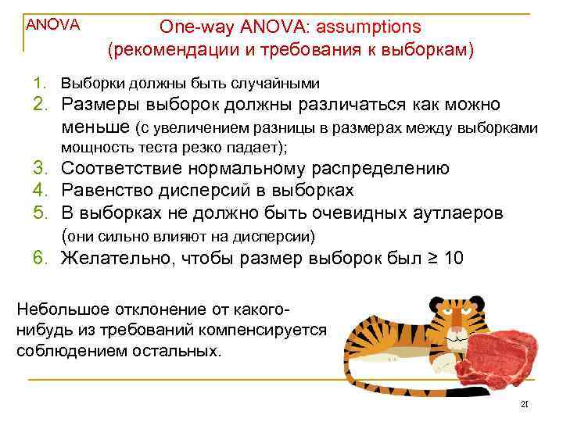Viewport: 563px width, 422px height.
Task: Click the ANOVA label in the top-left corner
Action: pyautogui.click(x=53, y=24)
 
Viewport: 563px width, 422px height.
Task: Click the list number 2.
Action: pyautogui.click(x=40, y=105)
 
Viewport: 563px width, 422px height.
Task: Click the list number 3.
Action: pyautogui.click(x=40, y=170)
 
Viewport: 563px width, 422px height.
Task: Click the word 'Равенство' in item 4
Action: pyautogui.click(x=108, y=191)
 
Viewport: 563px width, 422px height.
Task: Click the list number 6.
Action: pyautogui.click(x=40, y=259)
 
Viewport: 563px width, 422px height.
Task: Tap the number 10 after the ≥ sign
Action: pyautogui.click(x=453, y=259)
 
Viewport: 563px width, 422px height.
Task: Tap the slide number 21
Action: pyautogui.click(x=525, y=404)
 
